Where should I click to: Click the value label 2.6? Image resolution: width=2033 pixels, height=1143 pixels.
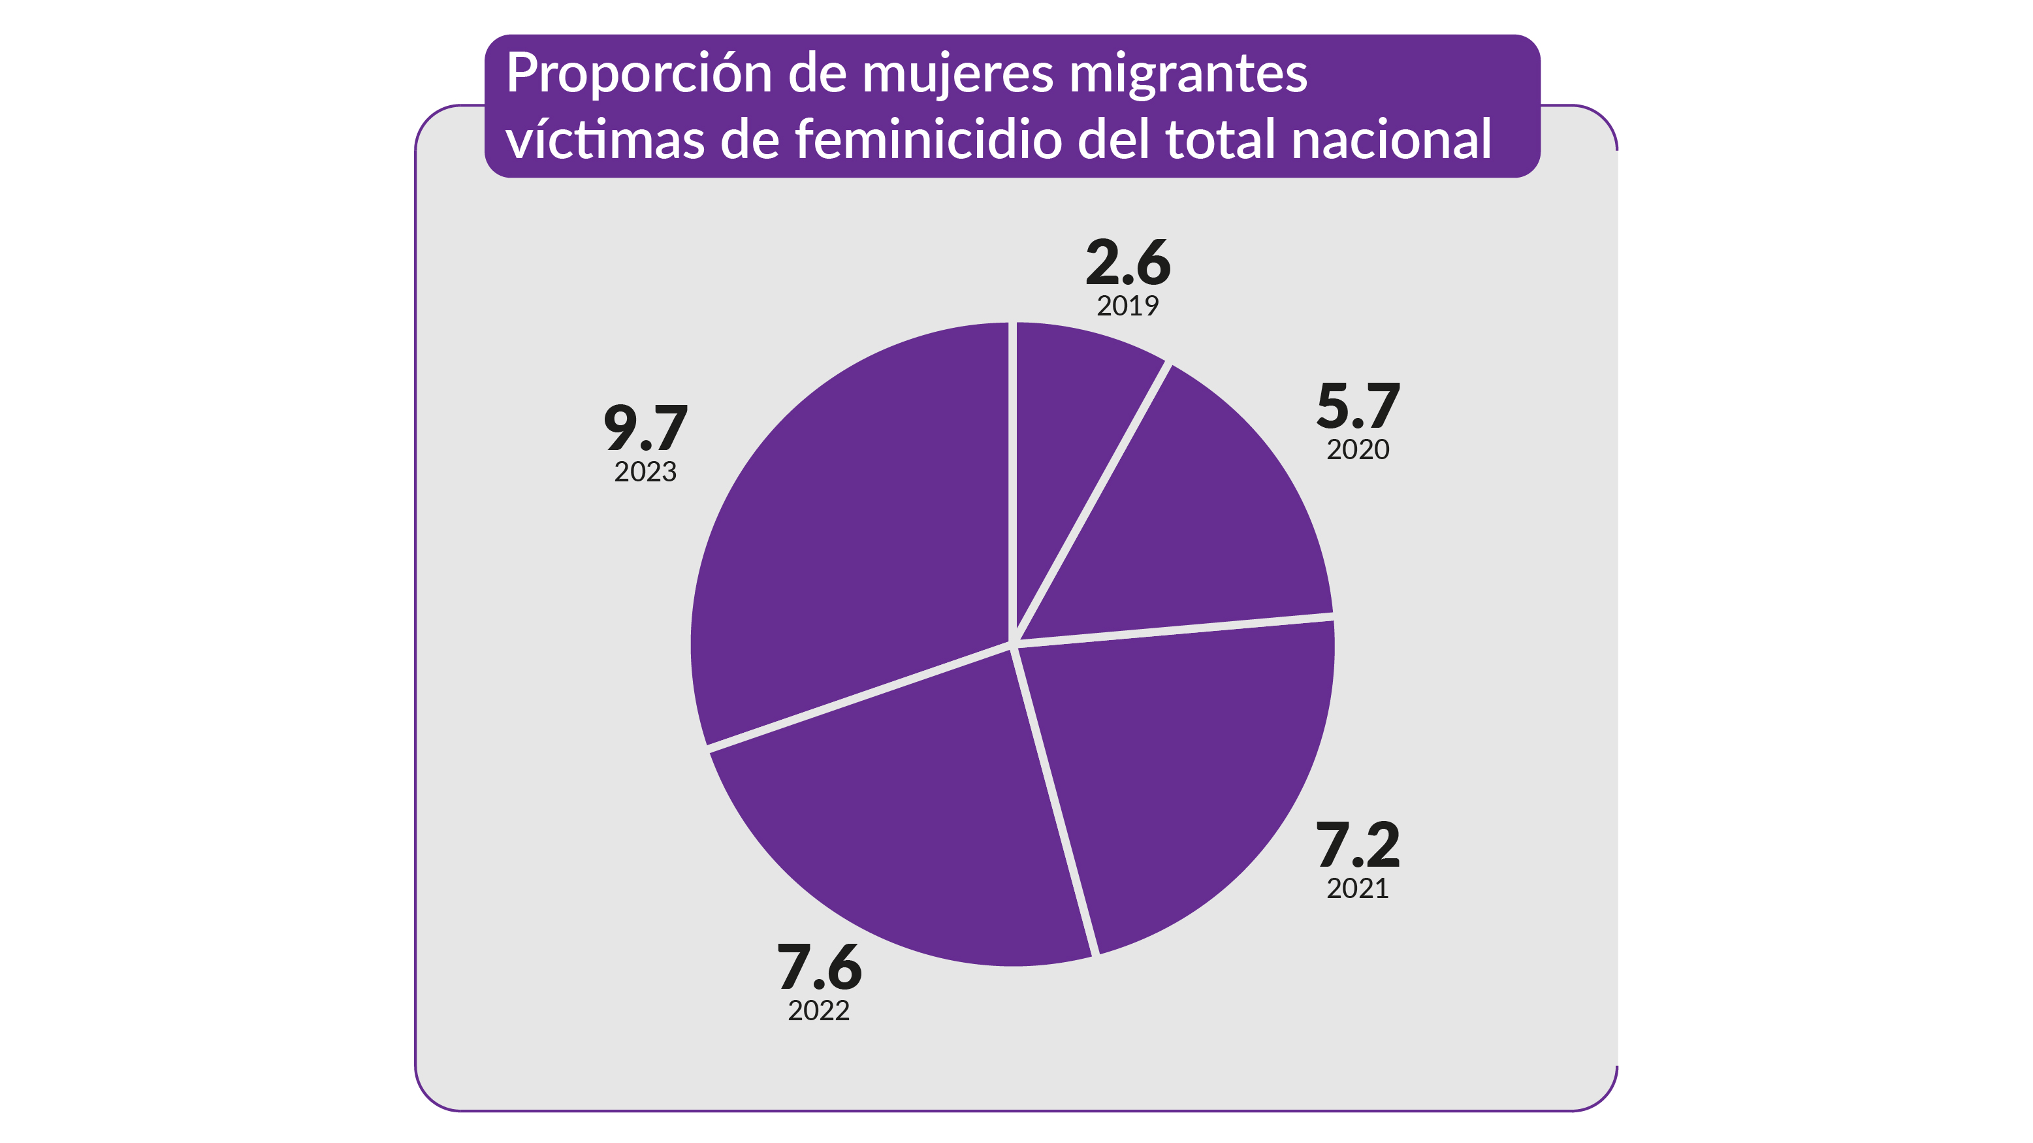(x=1128, y=263)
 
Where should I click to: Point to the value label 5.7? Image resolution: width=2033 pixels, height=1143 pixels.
(x=1358, y=406)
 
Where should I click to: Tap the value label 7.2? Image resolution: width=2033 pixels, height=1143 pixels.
(x=1358, y=845)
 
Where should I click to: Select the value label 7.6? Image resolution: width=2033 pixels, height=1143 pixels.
(x=819, y=968)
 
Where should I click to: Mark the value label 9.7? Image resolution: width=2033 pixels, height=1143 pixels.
(x=646, y=428)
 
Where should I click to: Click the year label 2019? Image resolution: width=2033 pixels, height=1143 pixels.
(x=1128, y=306)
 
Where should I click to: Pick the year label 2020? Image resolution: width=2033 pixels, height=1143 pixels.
(x=1358, y=450)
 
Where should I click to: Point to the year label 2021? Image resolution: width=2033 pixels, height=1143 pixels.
(x=1358, y=889)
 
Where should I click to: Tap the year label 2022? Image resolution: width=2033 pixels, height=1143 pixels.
(x=819, y=1011)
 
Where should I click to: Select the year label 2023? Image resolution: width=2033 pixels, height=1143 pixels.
(x=646, y=472)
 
